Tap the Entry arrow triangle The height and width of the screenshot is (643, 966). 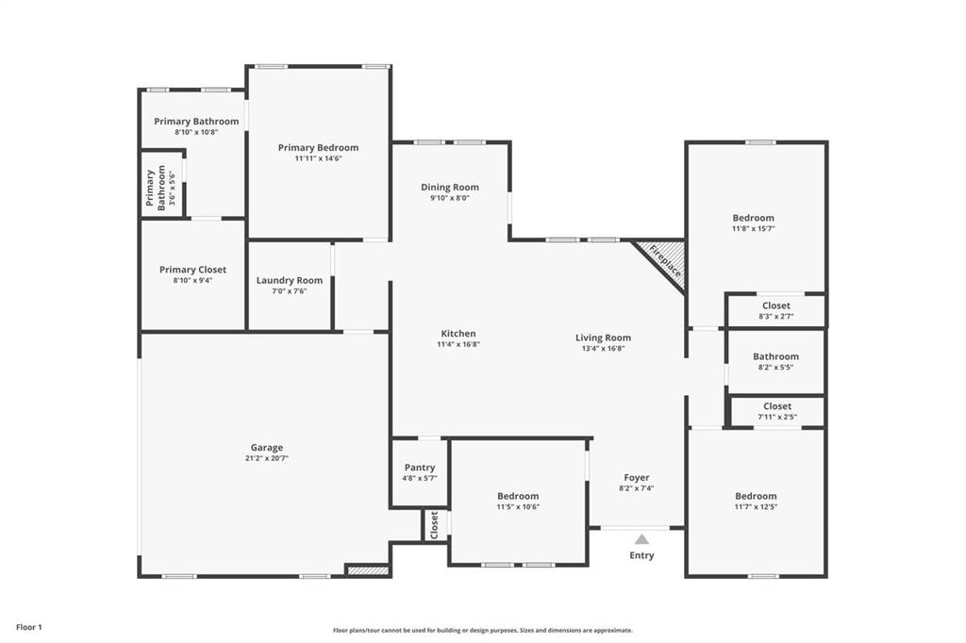pyautogui.click(x=641, y=539)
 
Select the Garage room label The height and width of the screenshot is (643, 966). pyautogui.click(x=266, y=448)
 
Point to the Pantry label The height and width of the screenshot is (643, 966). pyautogui.click(x=420, y=468)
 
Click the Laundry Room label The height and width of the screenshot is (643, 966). pyautogui.click(x=290, y=280)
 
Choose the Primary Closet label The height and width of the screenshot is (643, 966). pyautogui.click(x=192, y=270)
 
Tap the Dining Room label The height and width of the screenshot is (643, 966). pyautogui.click(x=450, y=188)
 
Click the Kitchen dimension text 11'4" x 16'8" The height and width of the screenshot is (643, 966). pyautogui.click(x=458, y=345)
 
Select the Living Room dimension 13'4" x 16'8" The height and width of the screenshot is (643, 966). pyautogui.click(x=603, y=349)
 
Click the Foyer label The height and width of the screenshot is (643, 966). pyautogui.click(x=637, y=478)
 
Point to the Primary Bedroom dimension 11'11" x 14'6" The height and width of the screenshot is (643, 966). pyautogui.click(x=318, y=158)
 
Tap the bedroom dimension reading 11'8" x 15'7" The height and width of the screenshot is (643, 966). pyautogui.click(x=753, y=229)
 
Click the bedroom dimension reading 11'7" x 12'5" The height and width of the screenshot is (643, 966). pyautogui.click(x=756, y=507)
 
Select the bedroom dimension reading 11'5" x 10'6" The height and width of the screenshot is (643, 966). pyautogui.click(x=518, y=507)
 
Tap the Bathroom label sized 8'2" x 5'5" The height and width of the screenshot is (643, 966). pyautogui.click(x=775, y=356)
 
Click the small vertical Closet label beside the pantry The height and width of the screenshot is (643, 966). pyautogui.click(x=434, y=525)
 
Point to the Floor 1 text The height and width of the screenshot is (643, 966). pyautogui.click(x=29, y=627)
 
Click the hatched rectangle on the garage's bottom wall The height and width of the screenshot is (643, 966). pyautogui.click(x=367, y=570)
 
